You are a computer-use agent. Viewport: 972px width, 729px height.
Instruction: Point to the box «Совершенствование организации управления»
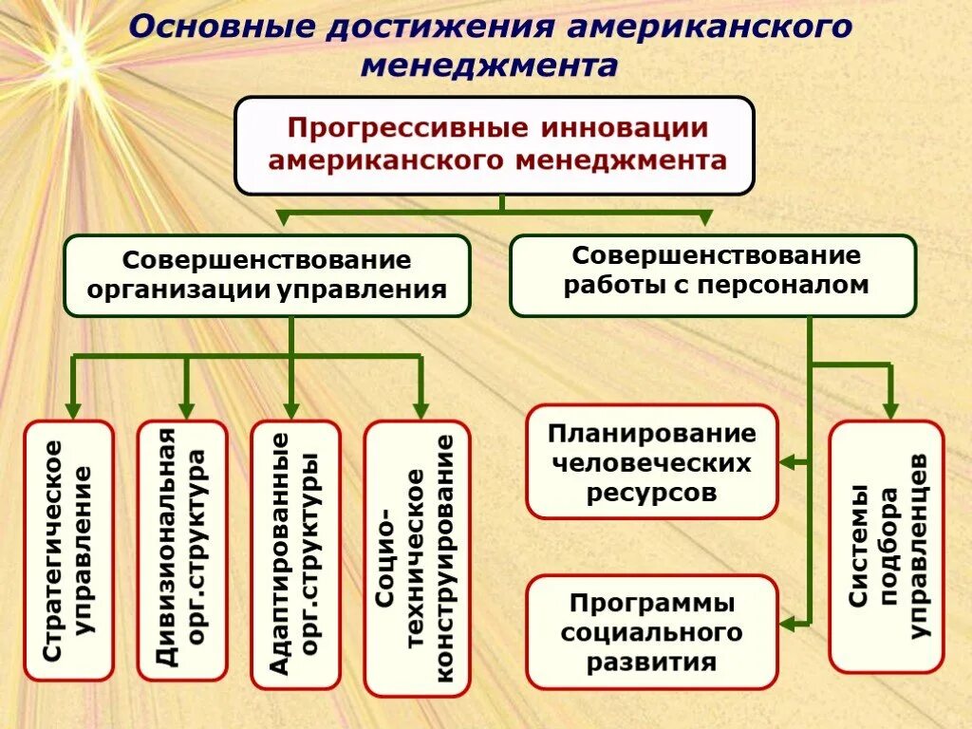(x=267, y=275)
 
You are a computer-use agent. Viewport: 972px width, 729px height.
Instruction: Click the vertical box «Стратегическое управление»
(x=69, y=551)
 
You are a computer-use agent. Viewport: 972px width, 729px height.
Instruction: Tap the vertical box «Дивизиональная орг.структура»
(x=182, y=551)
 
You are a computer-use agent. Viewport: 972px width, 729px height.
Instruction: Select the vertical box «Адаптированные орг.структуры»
(x=295, y=554)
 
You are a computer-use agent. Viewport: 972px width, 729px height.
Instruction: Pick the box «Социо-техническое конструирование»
(x=417, y=557)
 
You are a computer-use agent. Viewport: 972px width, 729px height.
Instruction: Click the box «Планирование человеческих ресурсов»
(x=651, y=463)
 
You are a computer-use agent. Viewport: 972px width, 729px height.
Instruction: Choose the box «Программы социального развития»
(x=651, y=631)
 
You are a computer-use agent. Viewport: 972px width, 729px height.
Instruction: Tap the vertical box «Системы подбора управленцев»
(x=886, y=546)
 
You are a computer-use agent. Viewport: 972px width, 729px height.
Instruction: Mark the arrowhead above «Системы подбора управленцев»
(x=889, y=408)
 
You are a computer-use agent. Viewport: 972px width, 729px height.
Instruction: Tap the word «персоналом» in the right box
(x=784, y=285)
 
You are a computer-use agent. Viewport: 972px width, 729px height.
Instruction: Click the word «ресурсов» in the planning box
(x=651, y=493)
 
